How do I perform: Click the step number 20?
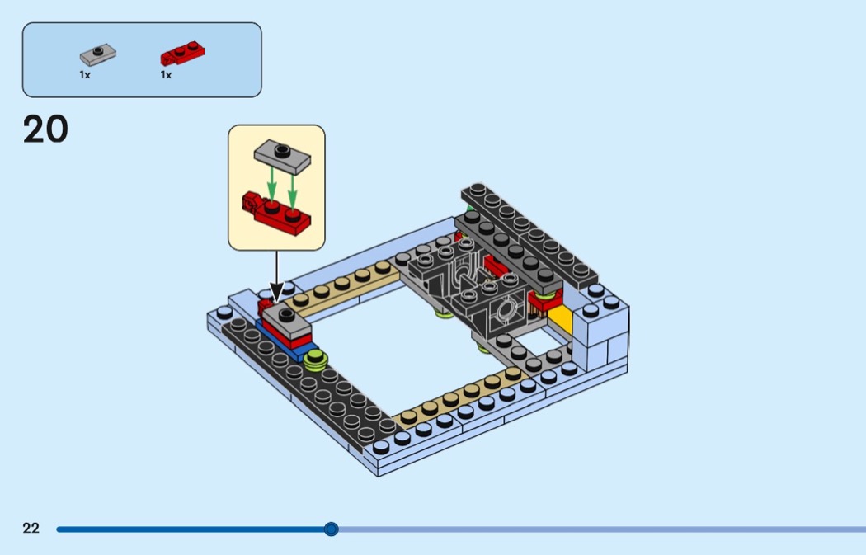click(45, 130)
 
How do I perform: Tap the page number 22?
click(31, 529)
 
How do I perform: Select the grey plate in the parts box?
click(97, 54)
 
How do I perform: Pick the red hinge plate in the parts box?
click(182, 54)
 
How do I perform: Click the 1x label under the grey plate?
click(85, 75)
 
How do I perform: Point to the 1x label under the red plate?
click(166, 75)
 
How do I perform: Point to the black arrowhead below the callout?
click(276, 292)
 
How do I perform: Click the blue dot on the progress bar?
click(331, 529)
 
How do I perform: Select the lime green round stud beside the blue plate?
click(315, 360)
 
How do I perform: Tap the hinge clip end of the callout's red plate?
click(251, 201)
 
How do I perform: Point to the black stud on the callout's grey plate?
click(282, 150)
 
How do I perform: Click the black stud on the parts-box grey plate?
click(97, 51)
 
